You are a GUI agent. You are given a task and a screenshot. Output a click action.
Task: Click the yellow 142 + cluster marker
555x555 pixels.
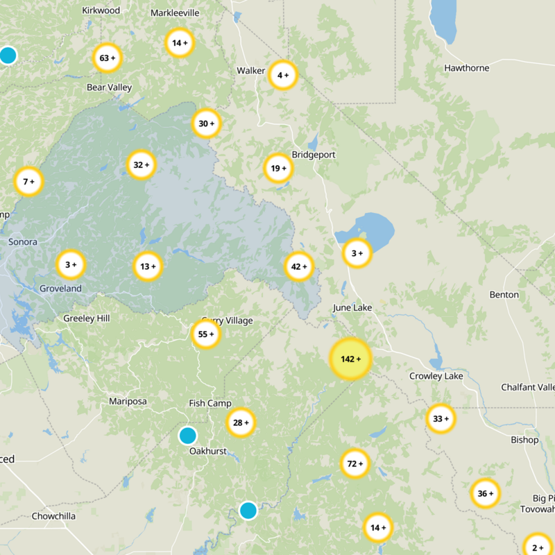tap(350, 359)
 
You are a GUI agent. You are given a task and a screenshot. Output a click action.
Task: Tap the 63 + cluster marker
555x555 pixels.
tap(107, 58)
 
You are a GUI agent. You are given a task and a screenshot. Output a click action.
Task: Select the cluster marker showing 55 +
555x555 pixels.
tap(206, 334)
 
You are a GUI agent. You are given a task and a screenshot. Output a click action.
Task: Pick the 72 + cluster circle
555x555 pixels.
tap(355, 463)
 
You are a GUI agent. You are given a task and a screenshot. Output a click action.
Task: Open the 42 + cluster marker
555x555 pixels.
tap(299, 266)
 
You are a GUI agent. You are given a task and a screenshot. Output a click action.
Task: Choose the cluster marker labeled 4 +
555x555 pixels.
tap(283, 75)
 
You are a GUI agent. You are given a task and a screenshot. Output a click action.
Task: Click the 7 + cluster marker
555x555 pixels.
tap(28, 182)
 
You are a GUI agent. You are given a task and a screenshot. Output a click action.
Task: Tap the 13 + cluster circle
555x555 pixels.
tap(147, 266)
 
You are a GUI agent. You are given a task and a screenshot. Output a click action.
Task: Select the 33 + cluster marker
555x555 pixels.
tap(441, 419)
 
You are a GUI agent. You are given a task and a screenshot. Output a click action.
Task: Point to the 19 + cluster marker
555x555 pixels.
tap(278, 168)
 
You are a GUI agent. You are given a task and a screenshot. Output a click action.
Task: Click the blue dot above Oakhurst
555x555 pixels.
tap(187, 436)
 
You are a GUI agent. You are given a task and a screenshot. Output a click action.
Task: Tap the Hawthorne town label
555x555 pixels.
tap(467, 68)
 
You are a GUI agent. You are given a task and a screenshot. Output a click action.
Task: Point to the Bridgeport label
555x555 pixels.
tap(314, 155)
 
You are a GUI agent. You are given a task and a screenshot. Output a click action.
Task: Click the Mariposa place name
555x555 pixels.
tap(128, 402)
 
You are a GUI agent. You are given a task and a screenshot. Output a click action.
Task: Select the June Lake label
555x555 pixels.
tap(352, 307)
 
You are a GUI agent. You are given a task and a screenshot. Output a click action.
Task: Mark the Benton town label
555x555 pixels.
tap(504, 295)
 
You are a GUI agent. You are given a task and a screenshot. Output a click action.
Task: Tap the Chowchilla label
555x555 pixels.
tap(53, 516)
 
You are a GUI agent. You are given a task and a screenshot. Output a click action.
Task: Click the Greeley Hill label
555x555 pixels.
tap(86, 318)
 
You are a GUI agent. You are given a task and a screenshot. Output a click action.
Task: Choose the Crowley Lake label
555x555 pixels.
tap(436, 376)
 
